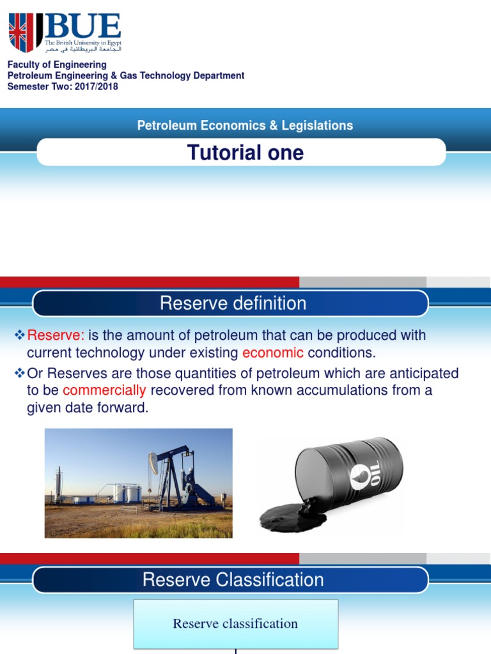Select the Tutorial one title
click(245, 153)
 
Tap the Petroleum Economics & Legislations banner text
click(245, 126)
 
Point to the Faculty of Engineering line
click(57, 65)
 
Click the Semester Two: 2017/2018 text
click(63, 86)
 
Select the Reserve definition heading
click(233, 303)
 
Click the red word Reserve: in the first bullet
click(56, 336)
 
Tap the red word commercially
click(104, 390)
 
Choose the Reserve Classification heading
click(233, 580)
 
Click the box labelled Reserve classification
click(235, 623)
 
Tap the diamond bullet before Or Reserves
click(19, 372)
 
